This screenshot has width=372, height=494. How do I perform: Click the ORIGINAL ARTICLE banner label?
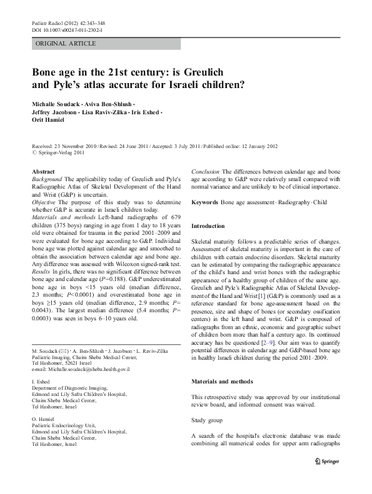coord(66,44)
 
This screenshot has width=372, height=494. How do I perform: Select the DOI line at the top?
coord(67,29)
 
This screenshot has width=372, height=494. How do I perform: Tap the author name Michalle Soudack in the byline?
coord(61,102)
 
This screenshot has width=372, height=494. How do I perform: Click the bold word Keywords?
coord(204,203)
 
